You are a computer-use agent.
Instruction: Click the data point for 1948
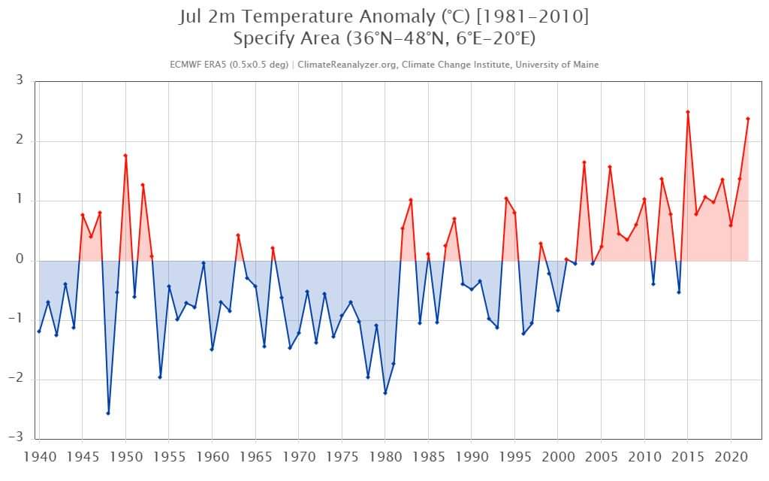click(x=108, y=413)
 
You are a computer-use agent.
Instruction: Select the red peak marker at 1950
click(x=125, y=156)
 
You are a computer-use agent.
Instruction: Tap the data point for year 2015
click(x=688, y=112)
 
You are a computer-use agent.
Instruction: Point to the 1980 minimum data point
click(x=385, y=393)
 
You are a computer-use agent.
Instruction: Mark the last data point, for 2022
click(x=748, y=119)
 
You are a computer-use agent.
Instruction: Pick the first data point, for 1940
click(x=39, y=331)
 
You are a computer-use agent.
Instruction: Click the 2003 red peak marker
click(x=584, y=162)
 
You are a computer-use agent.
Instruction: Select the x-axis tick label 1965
click(x=255, y=457)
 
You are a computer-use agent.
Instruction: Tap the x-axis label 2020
click(x=731, y=457)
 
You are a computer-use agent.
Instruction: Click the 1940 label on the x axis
click(x=41, y=457)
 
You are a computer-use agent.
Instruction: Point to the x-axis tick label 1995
click(x=515, y=457)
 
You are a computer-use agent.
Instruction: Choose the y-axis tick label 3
click(x=20, y=80)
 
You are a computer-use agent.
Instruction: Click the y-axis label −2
click(x=16, y=379)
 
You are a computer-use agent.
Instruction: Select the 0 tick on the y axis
click(x=20, y=259)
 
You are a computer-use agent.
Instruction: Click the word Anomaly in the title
click(x=397, y=17)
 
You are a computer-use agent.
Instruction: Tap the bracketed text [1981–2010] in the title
click(x=532, y=17)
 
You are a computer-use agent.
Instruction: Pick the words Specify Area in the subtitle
click(x=286, y=39)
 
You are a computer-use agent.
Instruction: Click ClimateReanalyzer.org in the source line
click(x=348, y=65)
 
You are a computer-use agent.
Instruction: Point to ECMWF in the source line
click(x=185, y=65)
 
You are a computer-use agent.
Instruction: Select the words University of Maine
click(x=557, y=65)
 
